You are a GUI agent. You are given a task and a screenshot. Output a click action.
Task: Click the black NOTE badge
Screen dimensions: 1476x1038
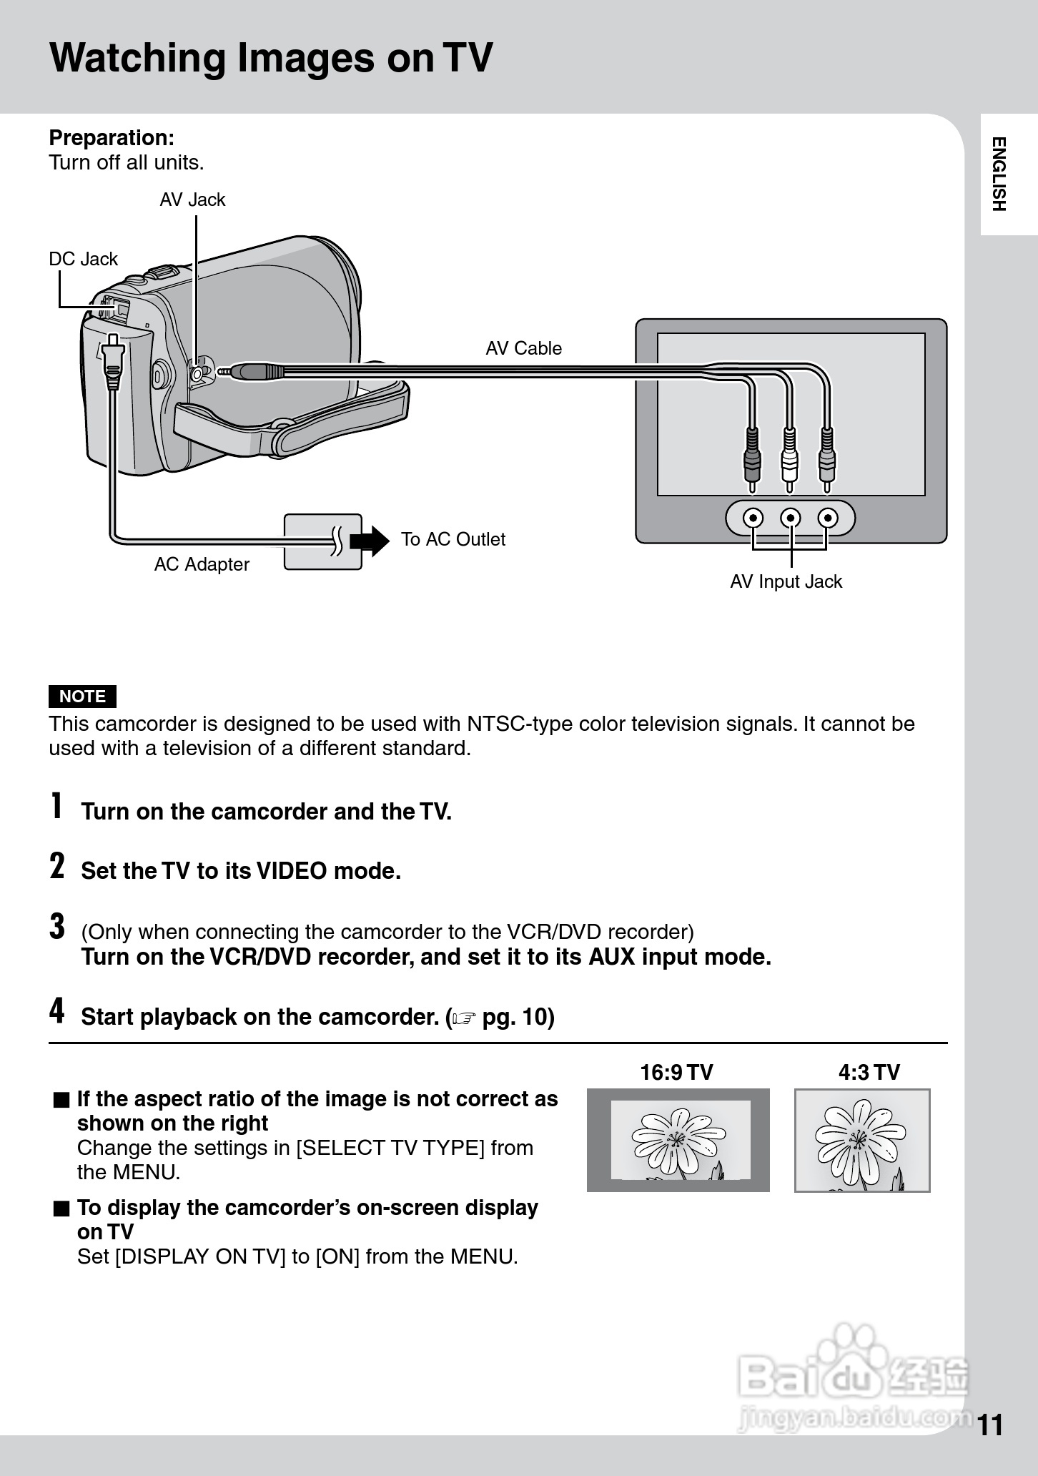[82, 696]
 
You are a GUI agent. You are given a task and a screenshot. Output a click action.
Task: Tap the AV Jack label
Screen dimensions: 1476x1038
[192, 200]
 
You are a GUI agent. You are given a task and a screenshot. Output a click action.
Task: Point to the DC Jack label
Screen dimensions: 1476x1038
[83, 259]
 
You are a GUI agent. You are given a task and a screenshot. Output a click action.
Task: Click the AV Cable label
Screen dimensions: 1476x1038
[523, 348]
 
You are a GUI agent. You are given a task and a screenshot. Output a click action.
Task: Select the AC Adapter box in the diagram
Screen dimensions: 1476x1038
[322, 541]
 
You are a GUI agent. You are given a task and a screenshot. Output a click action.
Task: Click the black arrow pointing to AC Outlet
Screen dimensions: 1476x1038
[370, 540]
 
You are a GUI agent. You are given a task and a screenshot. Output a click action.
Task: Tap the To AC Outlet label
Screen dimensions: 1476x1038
[453, 539]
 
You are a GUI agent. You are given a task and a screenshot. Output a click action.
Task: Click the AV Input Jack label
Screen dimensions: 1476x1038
[786, 581]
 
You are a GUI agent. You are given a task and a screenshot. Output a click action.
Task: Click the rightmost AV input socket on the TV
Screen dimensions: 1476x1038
[828, 518]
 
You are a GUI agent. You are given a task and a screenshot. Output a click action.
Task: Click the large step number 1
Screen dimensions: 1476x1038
[56, 806]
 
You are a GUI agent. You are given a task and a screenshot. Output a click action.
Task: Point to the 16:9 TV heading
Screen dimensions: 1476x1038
[676, 1072]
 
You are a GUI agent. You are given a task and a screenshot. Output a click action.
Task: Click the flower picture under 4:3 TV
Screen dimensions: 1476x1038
[862, 1140]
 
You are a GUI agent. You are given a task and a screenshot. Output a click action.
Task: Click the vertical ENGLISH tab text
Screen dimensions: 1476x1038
[999, 174]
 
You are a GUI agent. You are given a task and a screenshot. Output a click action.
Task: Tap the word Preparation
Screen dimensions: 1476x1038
[112, 137]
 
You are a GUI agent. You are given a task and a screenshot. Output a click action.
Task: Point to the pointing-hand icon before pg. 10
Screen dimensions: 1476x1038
[464, 1018]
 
